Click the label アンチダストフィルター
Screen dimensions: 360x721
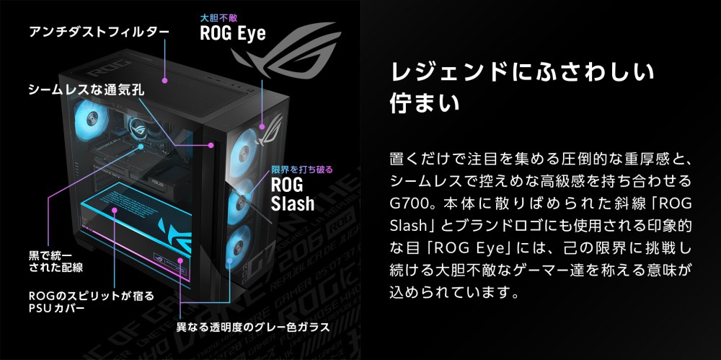[98, 32]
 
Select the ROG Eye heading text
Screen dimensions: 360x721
[232, 32]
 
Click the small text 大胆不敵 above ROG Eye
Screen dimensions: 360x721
[214, 16]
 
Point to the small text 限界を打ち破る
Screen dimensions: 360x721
[301, 170]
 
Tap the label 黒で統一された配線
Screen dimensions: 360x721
[55, 261]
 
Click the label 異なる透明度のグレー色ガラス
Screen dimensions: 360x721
[253, 327]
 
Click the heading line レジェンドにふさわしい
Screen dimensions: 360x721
[522, 72]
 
